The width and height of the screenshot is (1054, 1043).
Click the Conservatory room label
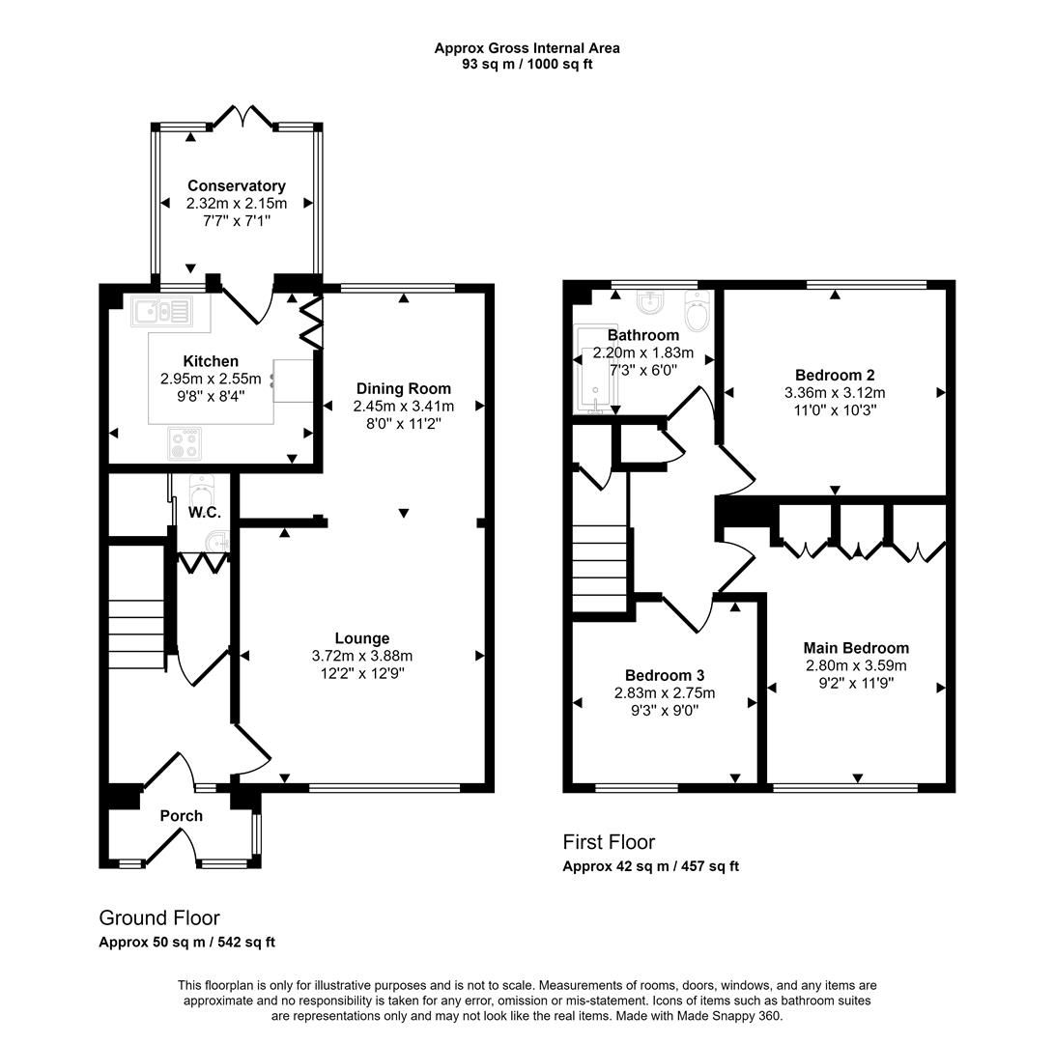(236, 185)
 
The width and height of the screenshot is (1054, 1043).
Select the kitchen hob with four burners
(185, 443)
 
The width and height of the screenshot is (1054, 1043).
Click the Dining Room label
(402, 388)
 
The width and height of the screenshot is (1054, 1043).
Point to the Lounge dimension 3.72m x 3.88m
(361, 656)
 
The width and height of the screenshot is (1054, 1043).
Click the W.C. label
(204, 512)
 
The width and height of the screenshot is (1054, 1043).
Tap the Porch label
(181, 816)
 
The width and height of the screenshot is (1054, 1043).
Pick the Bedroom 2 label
(834, 375)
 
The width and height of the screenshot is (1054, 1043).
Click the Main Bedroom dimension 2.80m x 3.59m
(856, 665)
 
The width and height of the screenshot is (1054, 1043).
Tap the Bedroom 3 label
(664, 675)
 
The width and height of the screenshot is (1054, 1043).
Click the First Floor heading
(609, 842)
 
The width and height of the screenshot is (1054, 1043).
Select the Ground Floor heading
(159, 917)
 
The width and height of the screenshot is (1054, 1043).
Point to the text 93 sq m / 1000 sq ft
(527, 65)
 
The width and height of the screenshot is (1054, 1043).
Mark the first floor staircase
(600, 568)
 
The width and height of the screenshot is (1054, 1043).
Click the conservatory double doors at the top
(242, 119)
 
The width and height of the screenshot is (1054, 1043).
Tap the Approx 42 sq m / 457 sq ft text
(650, 866)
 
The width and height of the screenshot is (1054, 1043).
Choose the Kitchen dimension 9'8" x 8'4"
(210, 395)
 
